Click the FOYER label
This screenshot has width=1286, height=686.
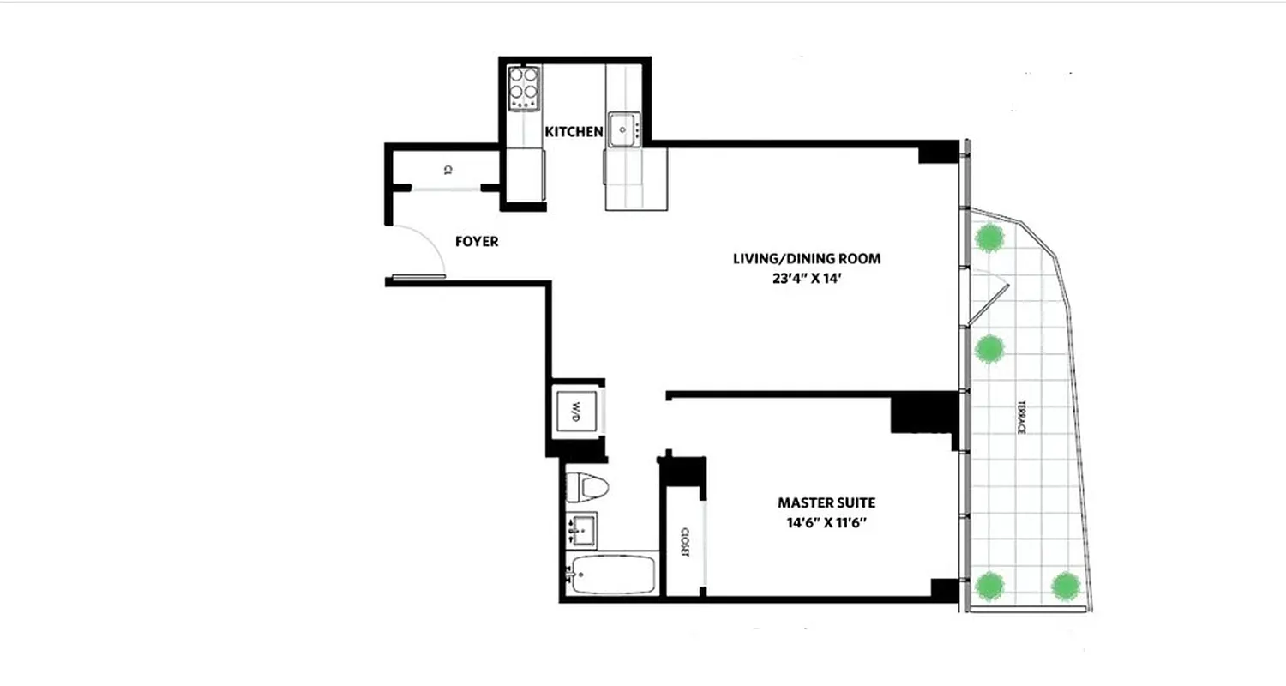[x=477, y=242]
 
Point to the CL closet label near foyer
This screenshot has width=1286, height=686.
[x=448, y=170]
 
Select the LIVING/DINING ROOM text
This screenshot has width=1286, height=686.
[x=807, y=258]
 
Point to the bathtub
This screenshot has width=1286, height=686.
[x=612, y=575]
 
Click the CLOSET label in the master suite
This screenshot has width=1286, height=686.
[x=686, y=541]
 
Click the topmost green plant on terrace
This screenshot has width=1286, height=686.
[x=990, y=237]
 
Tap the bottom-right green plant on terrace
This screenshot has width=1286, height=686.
[x=1066, y=586]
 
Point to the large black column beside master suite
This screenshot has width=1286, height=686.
[x=924, y=413]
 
